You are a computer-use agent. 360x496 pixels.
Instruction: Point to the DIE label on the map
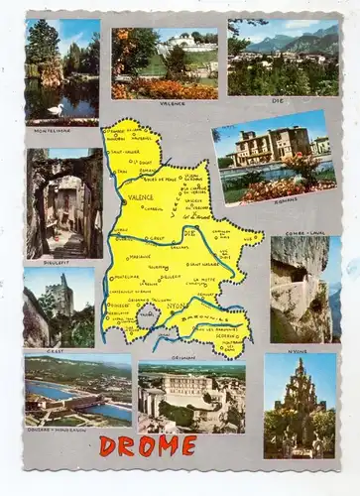click(189, 232)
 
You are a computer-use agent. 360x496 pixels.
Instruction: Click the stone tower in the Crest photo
click(62, 295)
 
